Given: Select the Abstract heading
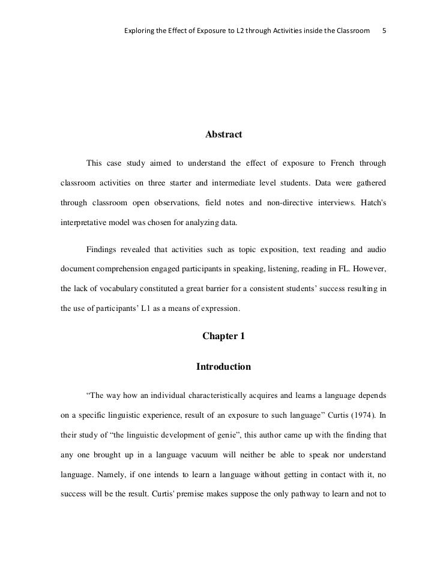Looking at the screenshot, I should pyautogui.click(x=223, y=135).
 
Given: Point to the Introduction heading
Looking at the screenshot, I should pyautogui.click(x=223, y=366).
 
